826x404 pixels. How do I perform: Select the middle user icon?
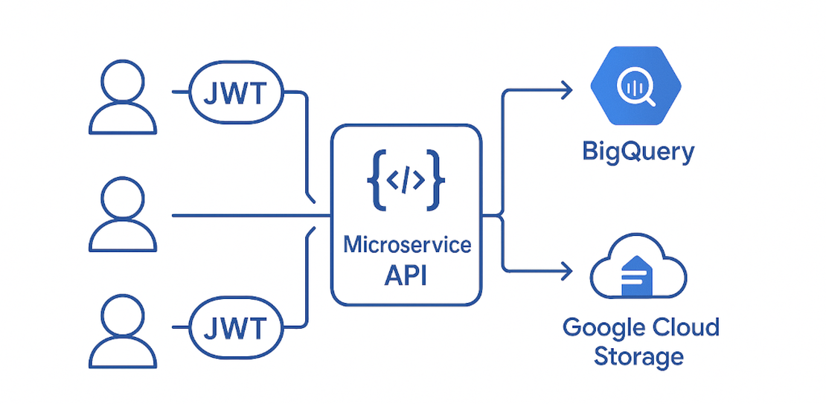tap(123, 215)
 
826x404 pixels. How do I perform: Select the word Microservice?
tap(407, 245)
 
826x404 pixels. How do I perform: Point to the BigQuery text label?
tap(638, 152)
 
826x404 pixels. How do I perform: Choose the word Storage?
tap(638, 356)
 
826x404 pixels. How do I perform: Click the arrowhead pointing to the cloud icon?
tap(566, 269)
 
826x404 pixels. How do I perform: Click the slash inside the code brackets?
tap(406, 180)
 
